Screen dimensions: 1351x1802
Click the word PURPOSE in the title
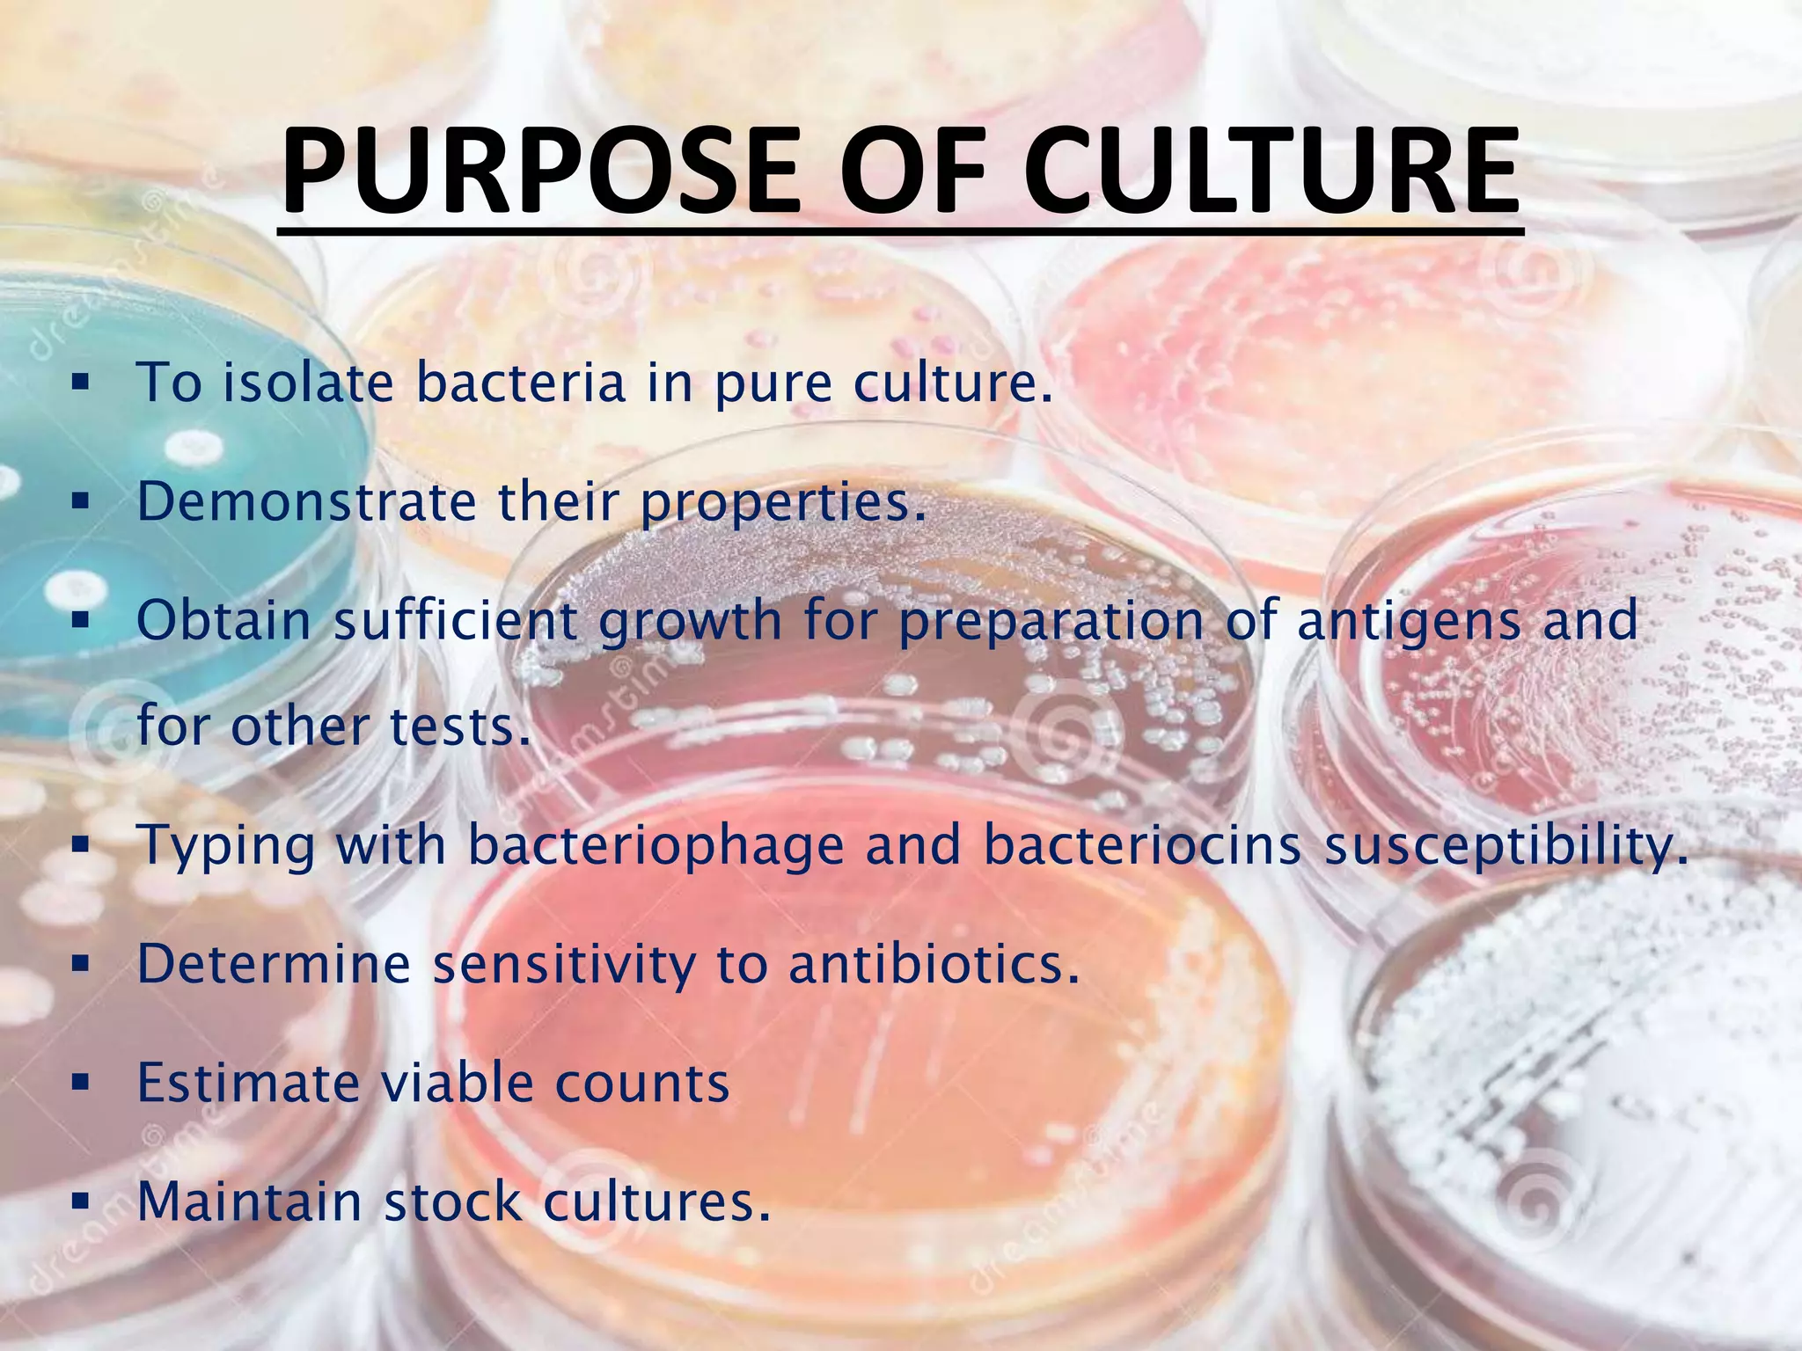541,171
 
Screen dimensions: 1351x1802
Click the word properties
783,503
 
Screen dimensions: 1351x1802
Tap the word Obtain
224,620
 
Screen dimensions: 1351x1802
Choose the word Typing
226,846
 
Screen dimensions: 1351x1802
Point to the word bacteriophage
656,846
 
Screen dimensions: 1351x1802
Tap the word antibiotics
934,964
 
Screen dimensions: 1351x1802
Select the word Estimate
248,1083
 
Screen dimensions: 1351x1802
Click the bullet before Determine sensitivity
81,965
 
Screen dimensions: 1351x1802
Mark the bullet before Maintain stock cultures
81,1202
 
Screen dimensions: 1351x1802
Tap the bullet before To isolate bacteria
81,383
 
